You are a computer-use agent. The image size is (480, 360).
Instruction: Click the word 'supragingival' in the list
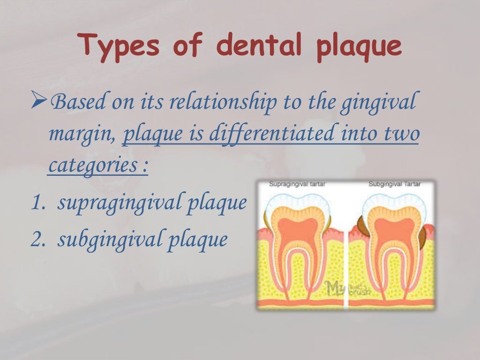coord(120,204)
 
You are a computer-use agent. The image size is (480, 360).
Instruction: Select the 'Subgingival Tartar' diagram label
coord(394,184)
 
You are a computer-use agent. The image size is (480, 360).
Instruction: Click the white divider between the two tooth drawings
coord(346,262)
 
